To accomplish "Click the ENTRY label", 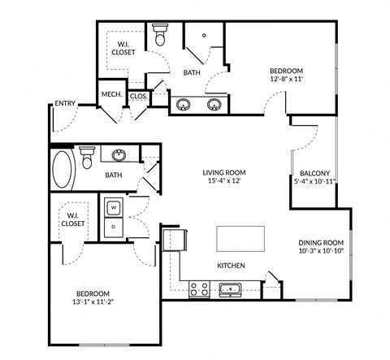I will (64, 103).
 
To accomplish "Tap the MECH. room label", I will (111, 95).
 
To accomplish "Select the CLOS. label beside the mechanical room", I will (138, 96).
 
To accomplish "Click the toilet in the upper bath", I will (160, 36).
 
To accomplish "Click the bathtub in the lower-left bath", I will (63, 170).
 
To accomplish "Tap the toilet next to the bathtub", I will (87, 155).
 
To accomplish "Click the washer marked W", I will (113, 207).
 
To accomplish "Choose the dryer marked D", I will (113, 227).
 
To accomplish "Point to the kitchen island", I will (240, 239).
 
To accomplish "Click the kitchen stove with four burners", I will (199, 288).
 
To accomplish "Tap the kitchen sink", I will (229, 288).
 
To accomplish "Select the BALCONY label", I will (314, 173).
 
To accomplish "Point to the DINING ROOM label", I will (322, 243).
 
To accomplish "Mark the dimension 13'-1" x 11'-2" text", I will (93, 302).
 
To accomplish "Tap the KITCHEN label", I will (232, 266).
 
